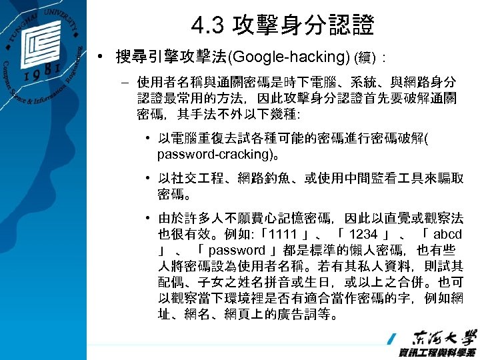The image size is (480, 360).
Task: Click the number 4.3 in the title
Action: pyautogui.click(x=206, y=26)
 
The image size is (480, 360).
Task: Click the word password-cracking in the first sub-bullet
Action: pyautogui.click(x=207, y=154)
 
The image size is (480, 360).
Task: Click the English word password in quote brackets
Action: pyautogui.click(x=237, y=250)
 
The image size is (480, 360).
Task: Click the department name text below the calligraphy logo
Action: pyautogui.click(x=437, y=352)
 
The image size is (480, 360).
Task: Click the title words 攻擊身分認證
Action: pyautogui.click(x=303, y=26)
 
